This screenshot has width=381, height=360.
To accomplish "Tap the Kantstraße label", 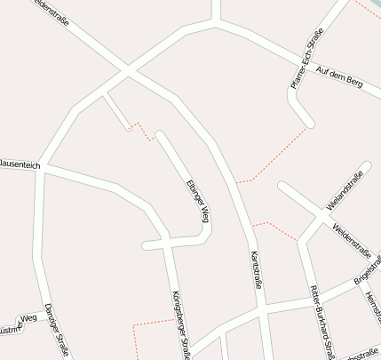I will (256, 270).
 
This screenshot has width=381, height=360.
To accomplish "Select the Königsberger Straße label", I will (181, 324).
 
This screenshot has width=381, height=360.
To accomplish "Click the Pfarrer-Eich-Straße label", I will (307, 59).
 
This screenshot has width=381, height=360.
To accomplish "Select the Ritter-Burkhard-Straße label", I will (321, 322).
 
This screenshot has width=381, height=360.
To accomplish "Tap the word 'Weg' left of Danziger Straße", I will (28, 317).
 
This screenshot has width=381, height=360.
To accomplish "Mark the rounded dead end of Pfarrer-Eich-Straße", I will (308, 123).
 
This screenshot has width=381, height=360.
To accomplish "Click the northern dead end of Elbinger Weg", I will (160, 136).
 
